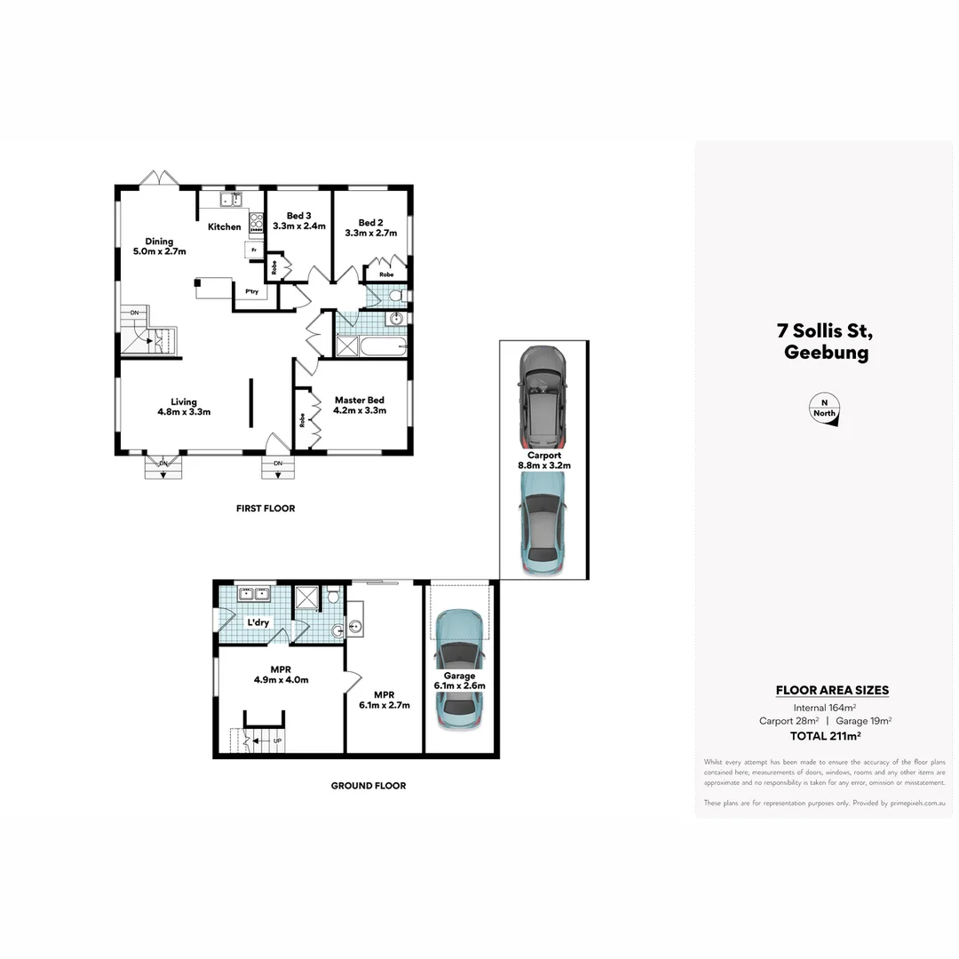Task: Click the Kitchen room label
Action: pyautogui.click(x=224, y=226)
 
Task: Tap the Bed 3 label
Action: pyautogui.click(x=298, y=216)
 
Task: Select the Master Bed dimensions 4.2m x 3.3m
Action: pyautogui.click(x=359, y=411)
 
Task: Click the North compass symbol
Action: pyautogui.click(x=825, y=408)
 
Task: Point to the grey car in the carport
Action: pyautogui.click(x=543, y=395)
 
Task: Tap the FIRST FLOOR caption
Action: pyautogui.click(x=266, y=509)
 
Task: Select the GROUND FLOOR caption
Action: pyautogui.click(x=368, y=786)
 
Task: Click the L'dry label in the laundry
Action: pyautogui.click(x=258, y=622)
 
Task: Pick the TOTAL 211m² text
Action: pyautogui.click(x=825, y=736)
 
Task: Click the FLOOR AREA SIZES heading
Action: pyautogui.click(x=831, y=690)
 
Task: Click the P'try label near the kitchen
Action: pyautogui.click(x=240, y=290)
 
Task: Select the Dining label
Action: pyautogui.click(x=160, y=242)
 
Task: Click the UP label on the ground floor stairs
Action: pyautogui.click(x=277, y=740)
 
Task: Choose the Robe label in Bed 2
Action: pyautogui.click(x=386, y=274)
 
